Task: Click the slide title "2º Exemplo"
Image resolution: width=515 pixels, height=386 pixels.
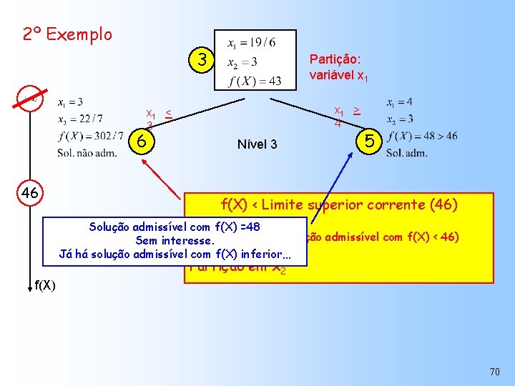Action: click(67, 34)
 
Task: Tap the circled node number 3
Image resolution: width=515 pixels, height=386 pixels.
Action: click(203, 61)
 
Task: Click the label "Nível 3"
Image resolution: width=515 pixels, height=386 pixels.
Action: click(257, 144)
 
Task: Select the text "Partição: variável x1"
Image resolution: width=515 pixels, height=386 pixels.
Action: click(339, 66)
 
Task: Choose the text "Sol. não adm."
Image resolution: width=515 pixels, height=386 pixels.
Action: click(87, 152)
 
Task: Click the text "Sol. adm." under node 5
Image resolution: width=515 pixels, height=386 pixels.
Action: click(406, 152)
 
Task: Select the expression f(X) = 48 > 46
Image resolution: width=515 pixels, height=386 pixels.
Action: click(422, 136)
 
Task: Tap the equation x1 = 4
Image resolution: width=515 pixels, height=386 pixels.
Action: click(400, 102)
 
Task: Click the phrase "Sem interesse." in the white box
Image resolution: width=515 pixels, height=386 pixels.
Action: click(175, 240)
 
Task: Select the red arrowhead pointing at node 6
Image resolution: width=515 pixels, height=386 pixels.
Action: click(144, 162)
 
